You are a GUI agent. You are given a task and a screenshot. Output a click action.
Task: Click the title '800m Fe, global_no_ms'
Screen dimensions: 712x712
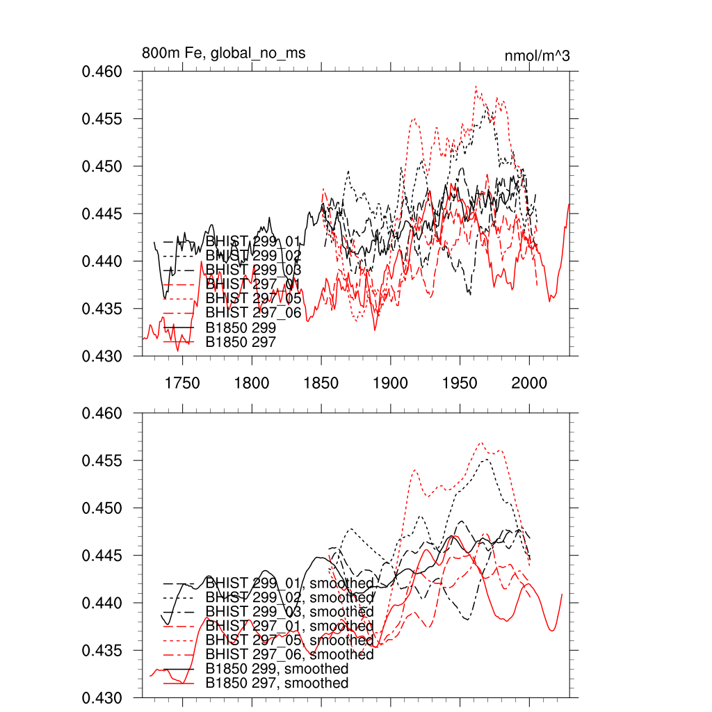coord(223,53)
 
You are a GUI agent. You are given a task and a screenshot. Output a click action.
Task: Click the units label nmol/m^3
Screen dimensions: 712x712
coord(537,56)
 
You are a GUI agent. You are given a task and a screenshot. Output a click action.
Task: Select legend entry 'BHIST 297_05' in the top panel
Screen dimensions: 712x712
coord(254,298)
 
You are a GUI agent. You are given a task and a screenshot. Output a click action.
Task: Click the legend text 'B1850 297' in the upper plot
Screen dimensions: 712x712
coord(241,342)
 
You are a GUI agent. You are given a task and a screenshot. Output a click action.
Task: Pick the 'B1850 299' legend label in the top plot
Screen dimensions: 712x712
coord(241,327)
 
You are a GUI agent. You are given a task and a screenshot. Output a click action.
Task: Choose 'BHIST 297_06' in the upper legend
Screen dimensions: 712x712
coord(254,313)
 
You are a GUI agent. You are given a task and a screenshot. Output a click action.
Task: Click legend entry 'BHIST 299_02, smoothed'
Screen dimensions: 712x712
coord(290,597)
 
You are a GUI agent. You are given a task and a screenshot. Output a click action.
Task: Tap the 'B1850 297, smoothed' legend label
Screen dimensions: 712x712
coord(277,683)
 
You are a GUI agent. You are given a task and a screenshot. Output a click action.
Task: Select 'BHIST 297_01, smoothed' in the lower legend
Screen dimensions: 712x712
coord(290,626)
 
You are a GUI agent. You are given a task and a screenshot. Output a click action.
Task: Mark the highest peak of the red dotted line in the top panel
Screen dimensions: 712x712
coord(476,86)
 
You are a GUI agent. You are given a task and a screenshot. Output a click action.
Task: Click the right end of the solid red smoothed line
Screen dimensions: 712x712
coord(562,594)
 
